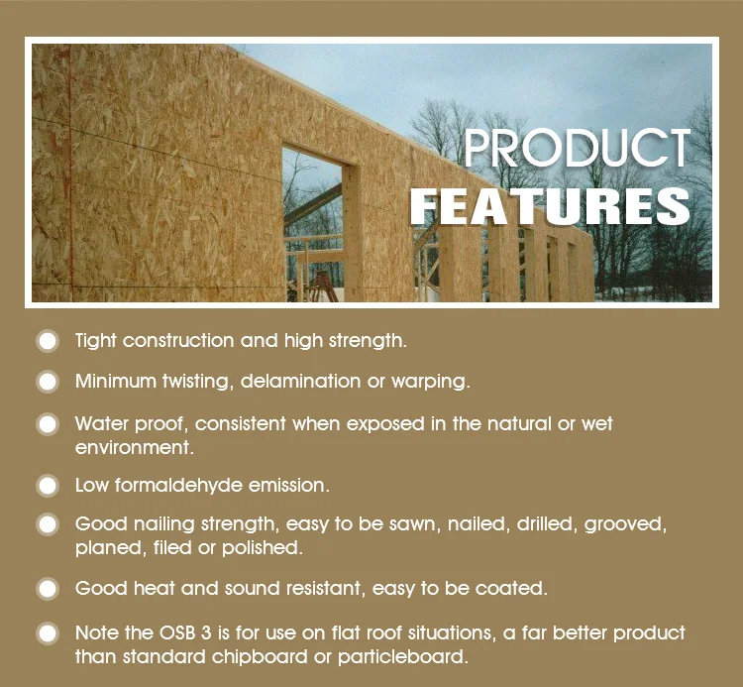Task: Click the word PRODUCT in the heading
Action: click(577, 149)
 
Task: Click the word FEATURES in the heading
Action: click(551, 206)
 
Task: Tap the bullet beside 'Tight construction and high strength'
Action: click(48, 341)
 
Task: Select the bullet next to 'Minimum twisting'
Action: click(48, 382)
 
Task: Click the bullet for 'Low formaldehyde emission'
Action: click(48, 486)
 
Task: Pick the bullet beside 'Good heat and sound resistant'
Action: click(48, 589)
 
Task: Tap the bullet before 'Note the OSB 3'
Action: click(48, 632)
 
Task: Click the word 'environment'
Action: click(132, 447)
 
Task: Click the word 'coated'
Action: click(512, 589)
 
